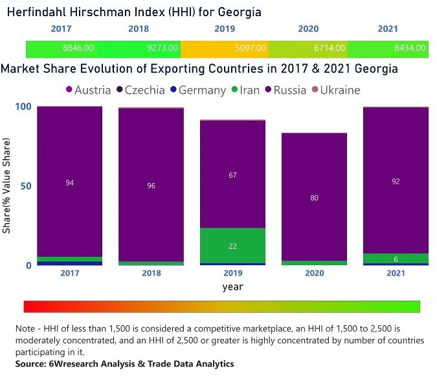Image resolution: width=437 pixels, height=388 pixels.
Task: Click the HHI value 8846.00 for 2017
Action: pyautogui.click(x=78, y=48)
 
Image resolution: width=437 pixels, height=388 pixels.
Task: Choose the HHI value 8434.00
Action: pyautogui.click(x=410, y=48)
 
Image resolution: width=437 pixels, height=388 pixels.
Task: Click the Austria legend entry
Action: pyautogui.click(x=87, y=90)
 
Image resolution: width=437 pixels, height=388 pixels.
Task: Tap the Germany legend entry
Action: pyautogui.click(x=196, y=90)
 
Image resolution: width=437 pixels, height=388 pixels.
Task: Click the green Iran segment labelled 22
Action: pyautogui.click(x=233, y=246)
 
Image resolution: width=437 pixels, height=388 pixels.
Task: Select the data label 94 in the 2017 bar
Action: pyautogui.click(x=70, y=183)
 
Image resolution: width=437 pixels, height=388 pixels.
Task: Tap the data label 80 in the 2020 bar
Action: pyautogui.click(x=314, y=198)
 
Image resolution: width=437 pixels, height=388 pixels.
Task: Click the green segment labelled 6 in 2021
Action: pyautogui.click(x=396, y=259)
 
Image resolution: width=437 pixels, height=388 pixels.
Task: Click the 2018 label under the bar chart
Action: pyautogui.click(x=151, y=274)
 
